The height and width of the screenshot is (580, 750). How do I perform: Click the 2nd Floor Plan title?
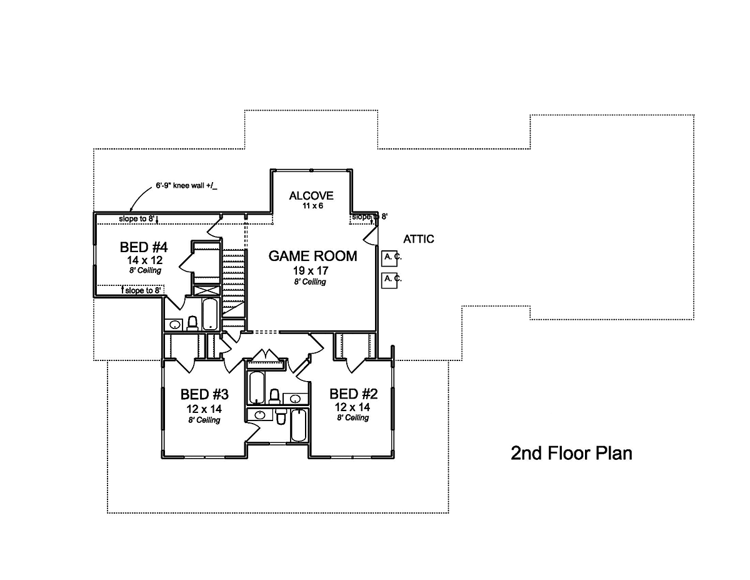pyautogui.click(x=571, y=453)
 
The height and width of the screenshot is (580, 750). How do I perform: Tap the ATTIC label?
pyautogui.click(x=419, y=239)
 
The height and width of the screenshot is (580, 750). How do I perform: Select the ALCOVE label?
pyautogui.click(x=311, y=195)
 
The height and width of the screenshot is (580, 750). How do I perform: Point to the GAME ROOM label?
pyautogui.click(x=312, y=256)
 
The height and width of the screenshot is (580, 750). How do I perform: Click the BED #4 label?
pyautogui.click(x=144, y=247)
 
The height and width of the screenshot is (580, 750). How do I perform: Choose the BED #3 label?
pyautogui.click(x=204, y=394)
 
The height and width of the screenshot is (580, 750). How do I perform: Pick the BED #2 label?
pyautogui.click(x=353, y=394)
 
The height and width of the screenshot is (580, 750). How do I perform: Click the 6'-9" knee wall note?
pyautogui.click(x=186, y=186)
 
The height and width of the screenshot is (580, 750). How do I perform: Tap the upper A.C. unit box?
pyautogui.click(x=389, y=258)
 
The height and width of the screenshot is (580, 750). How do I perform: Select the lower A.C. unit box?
pyautogui.click(x=389, y=280)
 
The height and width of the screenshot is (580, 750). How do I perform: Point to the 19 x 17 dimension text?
pyautogui.click(x=311, y=270)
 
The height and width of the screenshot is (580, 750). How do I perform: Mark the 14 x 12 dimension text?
pyautogui.click(x=144, y=260)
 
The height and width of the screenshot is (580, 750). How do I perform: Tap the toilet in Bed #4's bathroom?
pyautogui.click(x=192, y=323)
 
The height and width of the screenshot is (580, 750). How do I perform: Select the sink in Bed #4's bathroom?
pyautogui.click(x=175, y=325)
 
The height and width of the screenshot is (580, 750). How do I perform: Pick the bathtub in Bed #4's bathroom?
pyautogui.click(x=210, y=314)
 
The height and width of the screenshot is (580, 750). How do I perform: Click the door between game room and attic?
pyautogui.click(x=371, y=237)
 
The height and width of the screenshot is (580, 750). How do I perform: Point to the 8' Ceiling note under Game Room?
pyautogui.click(x=310, y=282)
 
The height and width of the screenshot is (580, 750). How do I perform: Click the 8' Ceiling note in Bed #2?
pyautogui.click(x=352, y=418)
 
